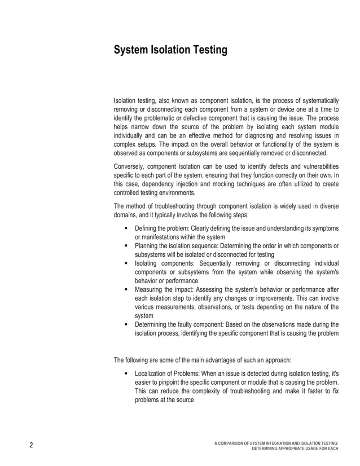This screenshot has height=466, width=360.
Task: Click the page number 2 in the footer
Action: point(32,446)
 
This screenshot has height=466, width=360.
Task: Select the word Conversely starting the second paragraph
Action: point(131,166)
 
